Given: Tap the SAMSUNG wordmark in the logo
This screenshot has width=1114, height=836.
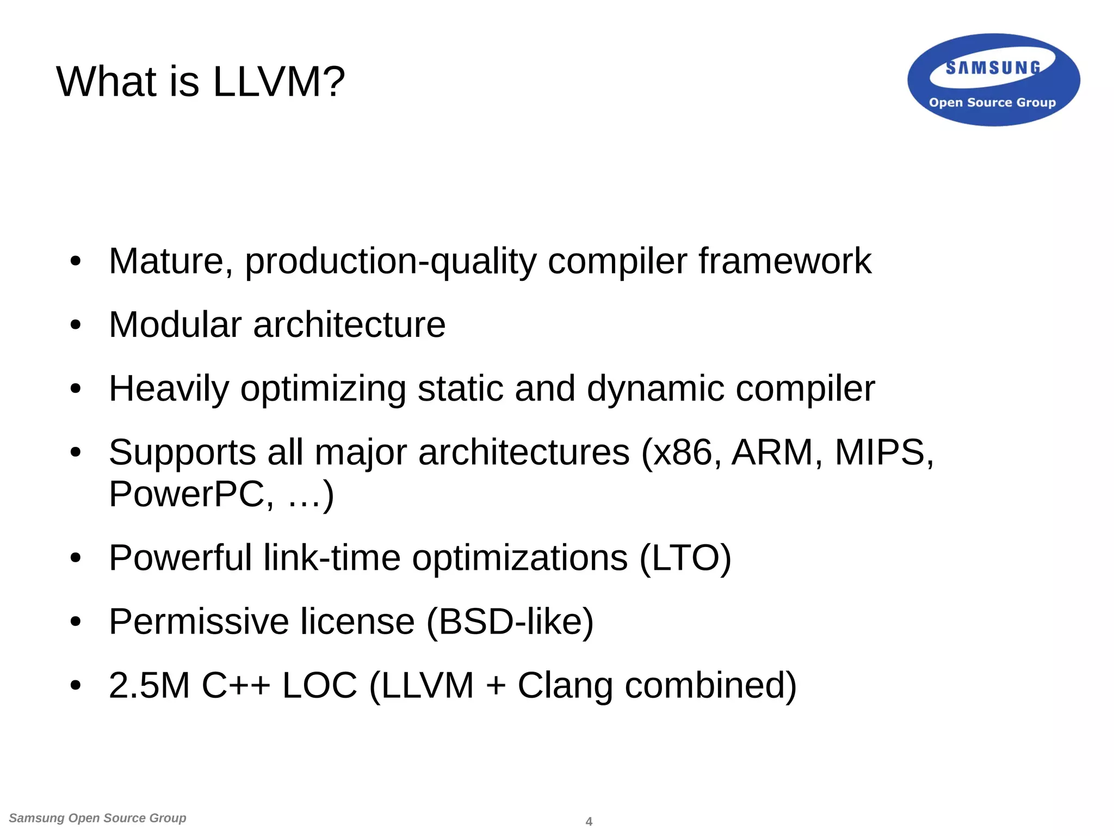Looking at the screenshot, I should tap(993, 68).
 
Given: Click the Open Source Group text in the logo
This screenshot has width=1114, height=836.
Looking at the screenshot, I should tap(992, 102).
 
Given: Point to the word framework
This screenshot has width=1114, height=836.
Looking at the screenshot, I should tap(785, 261).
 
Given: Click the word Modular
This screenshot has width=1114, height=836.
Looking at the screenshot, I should tap(175, 325).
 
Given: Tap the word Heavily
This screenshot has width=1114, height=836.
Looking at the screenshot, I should tap(169, 389).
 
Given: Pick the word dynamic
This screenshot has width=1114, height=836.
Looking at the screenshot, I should tap(655, 389).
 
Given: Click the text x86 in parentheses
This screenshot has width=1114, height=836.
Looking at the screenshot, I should tap(682, 452).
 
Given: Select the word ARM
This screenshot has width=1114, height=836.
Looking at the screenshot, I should tap(772, 452).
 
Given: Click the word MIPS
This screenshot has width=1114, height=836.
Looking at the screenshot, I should tap(880, 452).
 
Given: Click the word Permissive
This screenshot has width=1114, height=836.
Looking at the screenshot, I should tap(199, 622).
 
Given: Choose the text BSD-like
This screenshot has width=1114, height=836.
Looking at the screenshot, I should tap(510, 622).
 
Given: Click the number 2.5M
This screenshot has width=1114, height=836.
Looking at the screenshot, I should tap(148, 685).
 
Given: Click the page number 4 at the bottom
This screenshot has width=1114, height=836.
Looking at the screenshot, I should tap(589, 821).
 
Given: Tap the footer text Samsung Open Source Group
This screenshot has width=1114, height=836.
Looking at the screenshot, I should tap(97, 818).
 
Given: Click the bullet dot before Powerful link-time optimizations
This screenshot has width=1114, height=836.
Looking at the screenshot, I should tap(76, 558).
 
